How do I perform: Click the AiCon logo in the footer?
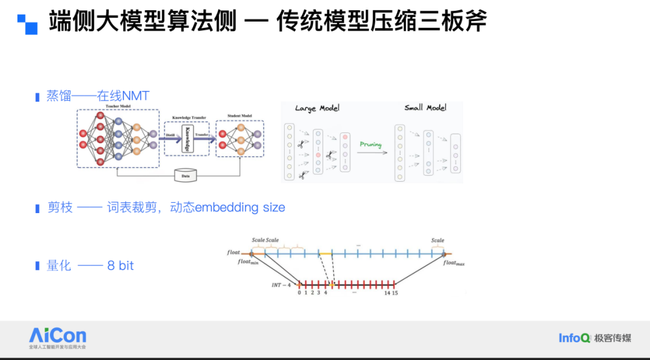click(x=58, y=336)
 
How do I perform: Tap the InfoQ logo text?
click(x=574, y=338)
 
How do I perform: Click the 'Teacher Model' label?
click(x=117, y=107)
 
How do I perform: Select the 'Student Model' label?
click(x=240, y=116)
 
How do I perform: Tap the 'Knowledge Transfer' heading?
click(x=189, y=118)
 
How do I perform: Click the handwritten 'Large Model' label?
click(x=317, y=108)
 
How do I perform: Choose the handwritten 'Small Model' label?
click(x=426, y=108)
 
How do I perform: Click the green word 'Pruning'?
click(x=370, y=145)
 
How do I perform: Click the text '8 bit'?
click(x=120, y=265)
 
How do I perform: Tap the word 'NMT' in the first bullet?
click(x=135, y=95)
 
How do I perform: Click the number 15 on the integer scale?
click(x=395, y=293)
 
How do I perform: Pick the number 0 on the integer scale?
click(x=299, y=293)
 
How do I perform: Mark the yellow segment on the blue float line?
click(x=326, y=254)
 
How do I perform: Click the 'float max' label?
click(x=454, y=263)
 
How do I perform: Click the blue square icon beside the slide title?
click(x=27, y=23)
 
